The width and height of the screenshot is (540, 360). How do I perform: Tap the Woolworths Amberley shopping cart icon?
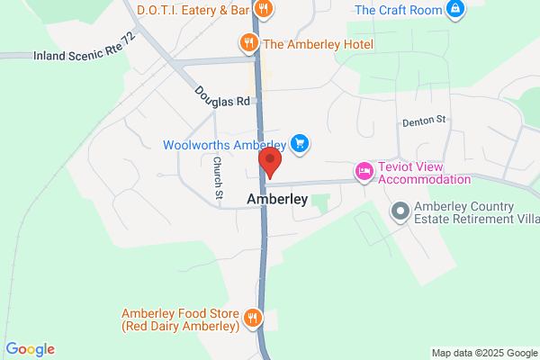point(301,144)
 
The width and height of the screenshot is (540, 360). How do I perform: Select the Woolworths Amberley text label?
point(224,145)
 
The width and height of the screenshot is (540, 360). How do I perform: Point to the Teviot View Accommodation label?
point(424,172)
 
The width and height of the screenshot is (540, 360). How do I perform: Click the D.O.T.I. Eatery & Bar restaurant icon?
point(264,10)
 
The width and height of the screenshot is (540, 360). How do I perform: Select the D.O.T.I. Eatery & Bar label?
point(193,10)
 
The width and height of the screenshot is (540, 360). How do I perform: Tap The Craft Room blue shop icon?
point(456,10)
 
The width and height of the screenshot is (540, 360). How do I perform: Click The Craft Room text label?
point(400,10)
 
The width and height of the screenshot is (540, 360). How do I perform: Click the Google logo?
point(30,349)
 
